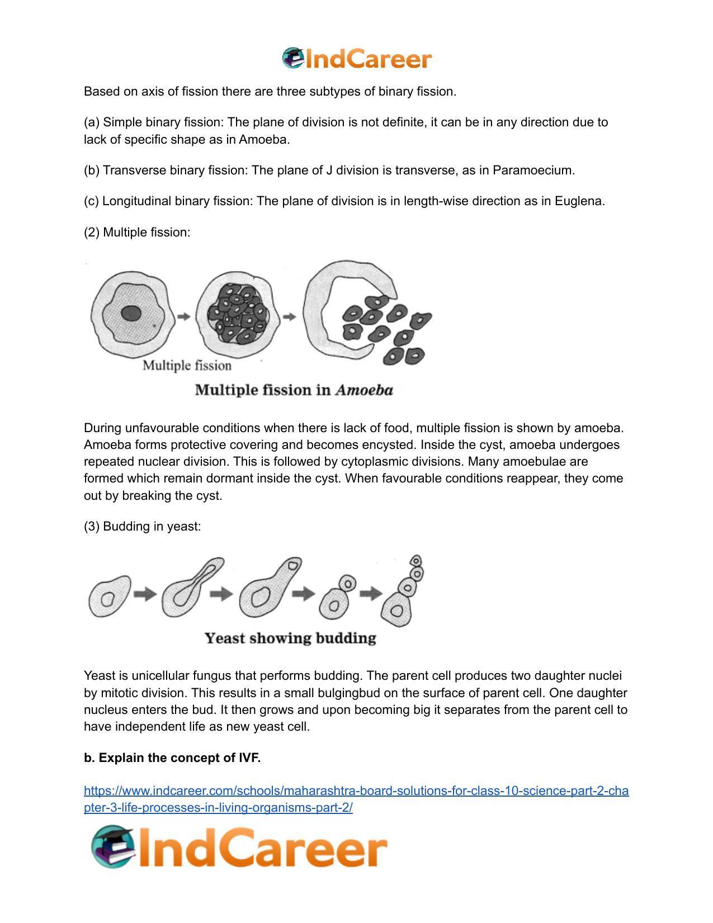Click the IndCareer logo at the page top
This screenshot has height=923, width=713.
pyautogui.click(x=357, y=59)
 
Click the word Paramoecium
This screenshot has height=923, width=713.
pyautogui.click(x=532, y=171)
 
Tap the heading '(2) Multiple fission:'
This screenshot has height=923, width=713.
pyautogui.click(x=137, y=233)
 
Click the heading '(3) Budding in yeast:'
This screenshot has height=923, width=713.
pyautogui.click(x=142, y=527)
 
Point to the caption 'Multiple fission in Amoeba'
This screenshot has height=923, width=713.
pyautogui.click(x=294, y=390)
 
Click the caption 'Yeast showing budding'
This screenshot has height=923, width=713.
pyautogui.click(x=290, y=638)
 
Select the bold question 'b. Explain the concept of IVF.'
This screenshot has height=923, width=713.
pyautogui.click(x=172, y=758)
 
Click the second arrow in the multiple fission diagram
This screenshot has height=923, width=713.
pyautogui.click(x=289, y=317)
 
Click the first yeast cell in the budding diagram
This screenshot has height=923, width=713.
pyautogui.click(x=109, y=597)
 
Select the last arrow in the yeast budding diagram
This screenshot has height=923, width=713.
pyautogui.click(x=370, y=593)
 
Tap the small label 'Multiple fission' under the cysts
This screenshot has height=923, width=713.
pyautogui.click(x=187, y=366)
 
